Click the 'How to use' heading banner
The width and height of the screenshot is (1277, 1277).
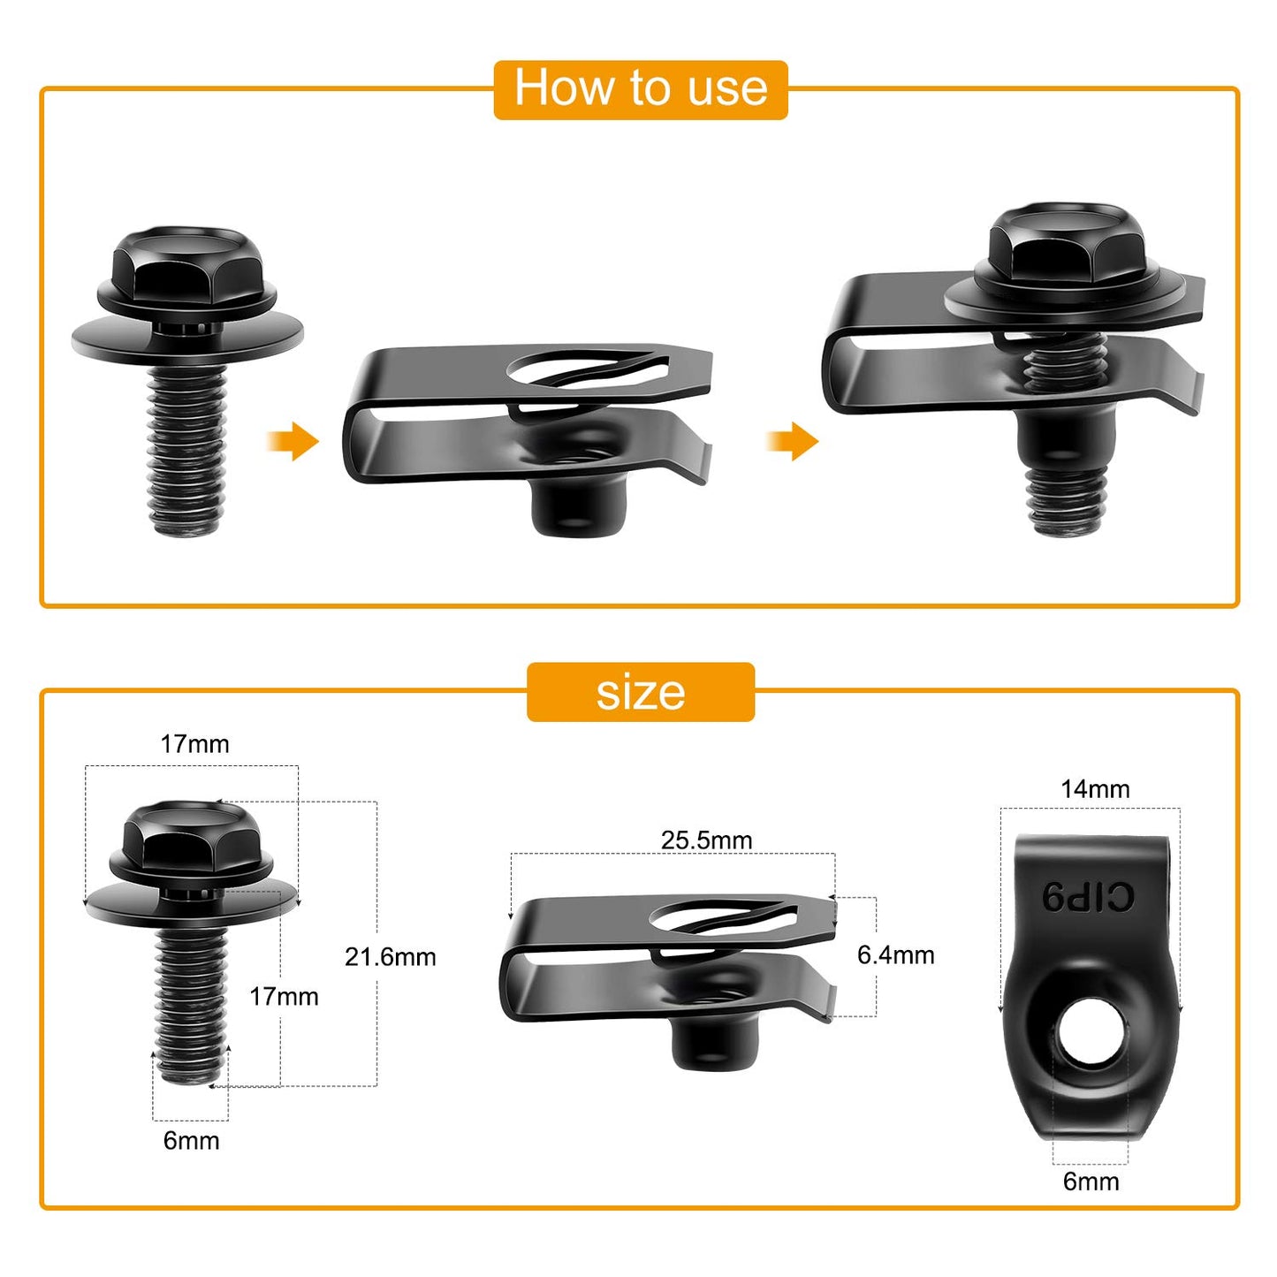[x=640, y=89]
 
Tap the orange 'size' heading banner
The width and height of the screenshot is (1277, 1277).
[x=640, y=692]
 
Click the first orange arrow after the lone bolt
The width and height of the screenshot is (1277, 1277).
[x=293, y=440]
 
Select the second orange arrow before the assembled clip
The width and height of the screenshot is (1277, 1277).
[x=793, y=440]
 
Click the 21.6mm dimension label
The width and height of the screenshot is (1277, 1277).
[x=390, y=957]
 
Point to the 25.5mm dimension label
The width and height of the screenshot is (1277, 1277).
[x=706, y=840]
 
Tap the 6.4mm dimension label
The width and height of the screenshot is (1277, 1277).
[x=895, y=954]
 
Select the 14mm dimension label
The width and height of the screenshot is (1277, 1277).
[x=1095, y=789]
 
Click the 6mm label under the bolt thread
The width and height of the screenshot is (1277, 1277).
[x=191, y=1140]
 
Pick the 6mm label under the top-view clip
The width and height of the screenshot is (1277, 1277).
[x=1091, y=1182]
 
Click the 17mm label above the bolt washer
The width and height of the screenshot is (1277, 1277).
[x=194, y=744]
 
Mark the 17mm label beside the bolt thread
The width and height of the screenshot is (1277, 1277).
[x=284, y=997]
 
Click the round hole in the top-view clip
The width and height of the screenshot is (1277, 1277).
[x=1091, y=1033]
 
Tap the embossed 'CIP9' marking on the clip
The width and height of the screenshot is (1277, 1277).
[x=1088, y=897]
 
